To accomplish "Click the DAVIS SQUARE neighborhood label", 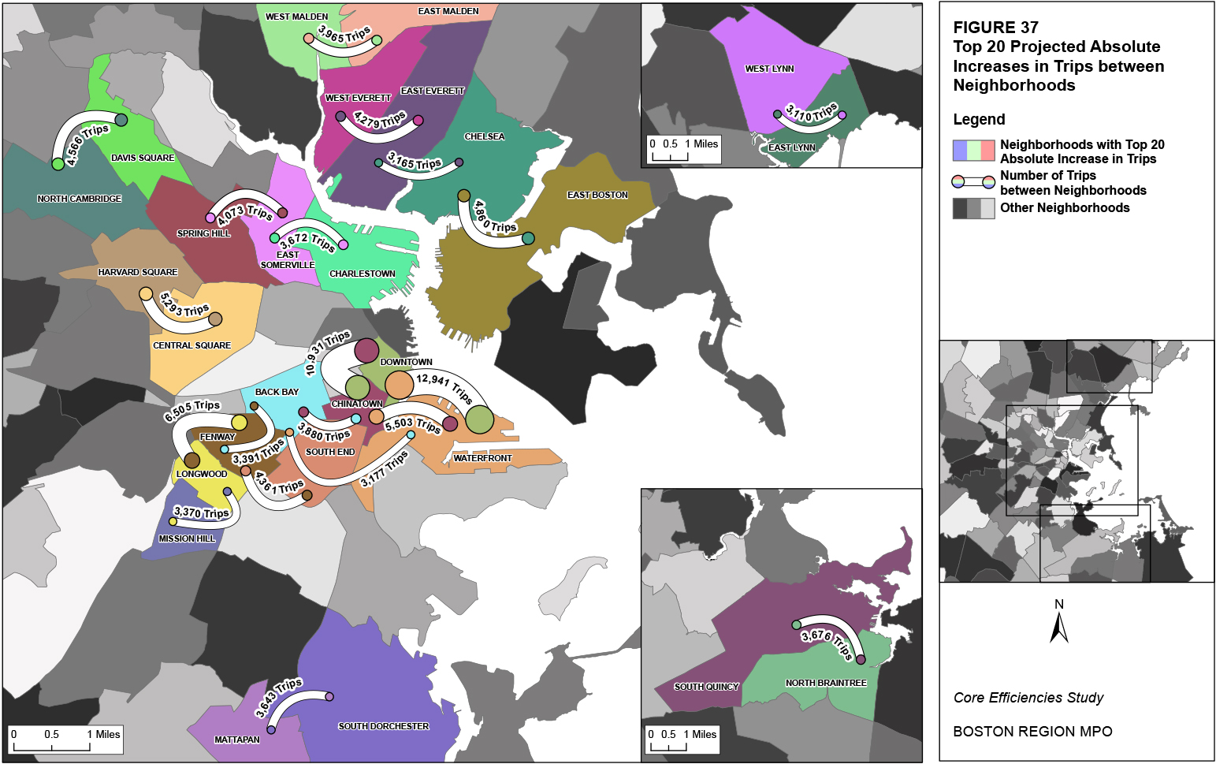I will click(x=143, y=158).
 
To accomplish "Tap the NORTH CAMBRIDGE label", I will click(x=80, y=199).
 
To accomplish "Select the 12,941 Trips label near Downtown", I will click(x=444, y=387).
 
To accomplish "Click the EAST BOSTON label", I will click(x=597, y=195).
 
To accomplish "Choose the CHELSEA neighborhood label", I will click(x=485, y=136).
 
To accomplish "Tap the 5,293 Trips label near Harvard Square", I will click(x=184, y=304).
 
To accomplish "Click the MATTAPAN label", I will click(x=237, y=740).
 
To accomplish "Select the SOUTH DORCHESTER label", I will click(x=384, y=726).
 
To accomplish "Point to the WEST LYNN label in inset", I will click(x=769, y=69).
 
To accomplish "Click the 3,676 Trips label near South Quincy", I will click(x=827, y=642).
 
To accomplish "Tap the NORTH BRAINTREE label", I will click(x=826, y=683).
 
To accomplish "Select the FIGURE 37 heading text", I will click(x=996, y=28).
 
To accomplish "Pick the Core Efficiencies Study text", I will click(x=1028, y=698).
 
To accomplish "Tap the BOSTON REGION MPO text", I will click(x=1032, y=732).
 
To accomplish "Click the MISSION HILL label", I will click(x=187, y=539).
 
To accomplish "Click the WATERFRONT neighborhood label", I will click(x=482, y=458).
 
